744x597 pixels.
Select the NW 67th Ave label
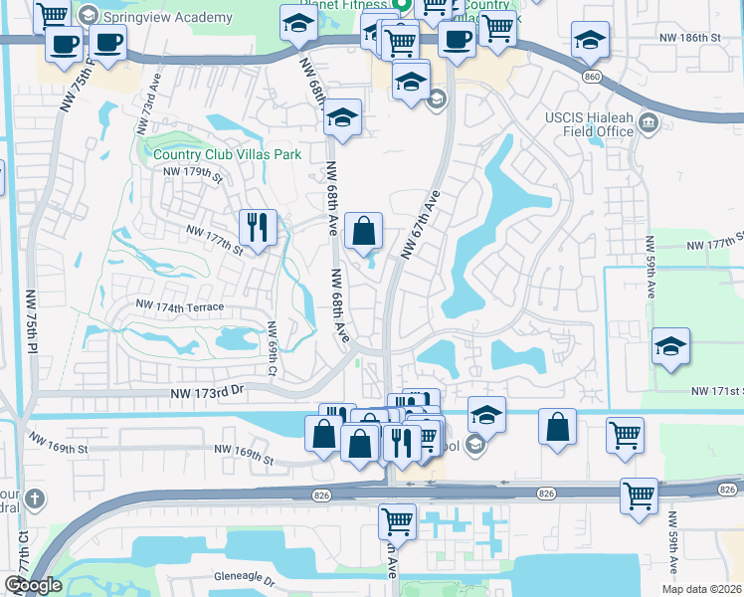pyautogui.click(x=420, y=226)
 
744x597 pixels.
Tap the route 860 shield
pyautogui.click(x=593, y=76)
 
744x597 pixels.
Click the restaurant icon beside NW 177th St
pyautogui.click(x=258, y=228)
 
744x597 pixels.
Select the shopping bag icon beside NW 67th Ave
pyautogui.click(x=364, y=231)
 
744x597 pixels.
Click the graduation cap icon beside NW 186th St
pyautogui.click(x=590, y=40)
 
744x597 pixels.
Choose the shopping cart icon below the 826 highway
pyautogui.click(x=397, y=519)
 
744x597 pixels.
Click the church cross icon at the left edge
pyautogui.click(x=34, y=498)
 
